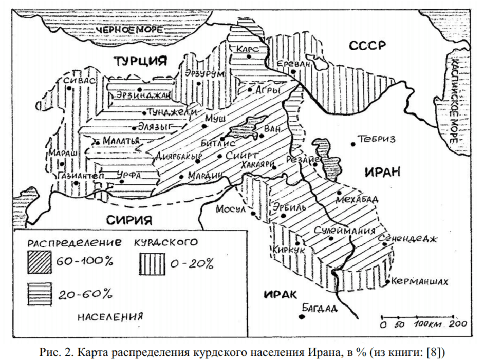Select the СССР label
367,47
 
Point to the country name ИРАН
382,172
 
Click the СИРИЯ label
129,220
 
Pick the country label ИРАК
280,294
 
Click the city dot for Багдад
302,316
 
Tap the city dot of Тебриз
353,144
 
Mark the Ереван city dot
293,72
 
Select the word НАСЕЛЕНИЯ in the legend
110,316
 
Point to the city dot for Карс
249,57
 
